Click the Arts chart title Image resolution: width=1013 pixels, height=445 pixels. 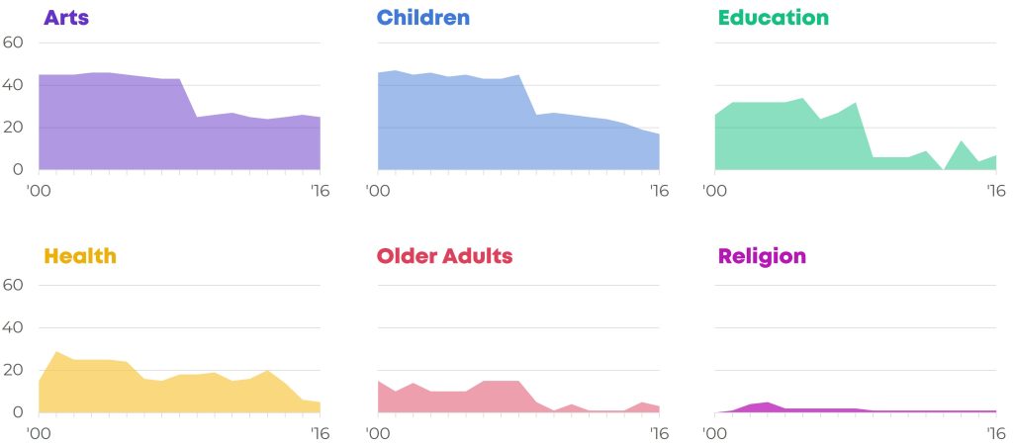pos(66,18)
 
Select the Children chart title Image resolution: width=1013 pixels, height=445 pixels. pos(423,18)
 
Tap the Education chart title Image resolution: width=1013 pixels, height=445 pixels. pos(774,18)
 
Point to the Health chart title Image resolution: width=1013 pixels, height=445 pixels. pos(80,256)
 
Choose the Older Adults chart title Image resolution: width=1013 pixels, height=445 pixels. pos(444,256)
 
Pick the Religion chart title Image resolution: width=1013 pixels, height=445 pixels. pos(763,257)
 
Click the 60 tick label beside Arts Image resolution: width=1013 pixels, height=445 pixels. pos(14,43)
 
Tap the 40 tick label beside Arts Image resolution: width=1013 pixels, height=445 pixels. pos(14,85)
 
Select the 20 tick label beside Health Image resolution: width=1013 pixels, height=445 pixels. pos(14,371)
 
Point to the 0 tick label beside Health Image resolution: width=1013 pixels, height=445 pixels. pos(18,412)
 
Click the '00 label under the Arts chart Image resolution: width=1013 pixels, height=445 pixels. pos(39,191)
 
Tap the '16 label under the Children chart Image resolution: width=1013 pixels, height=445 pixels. pos(659,191)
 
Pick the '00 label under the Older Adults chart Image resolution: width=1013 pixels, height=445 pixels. pos(377,433)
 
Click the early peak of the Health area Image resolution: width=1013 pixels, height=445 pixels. pos(56,352)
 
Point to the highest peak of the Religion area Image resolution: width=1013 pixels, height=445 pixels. pos(767,402)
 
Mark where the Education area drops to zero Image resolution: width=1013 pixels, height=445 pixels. pos(944,169)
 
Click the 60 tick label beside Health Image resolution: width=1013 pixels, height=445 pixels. pos(14,286)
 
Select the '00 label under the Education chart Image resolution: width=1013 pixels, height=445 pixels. pos(714,191)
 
